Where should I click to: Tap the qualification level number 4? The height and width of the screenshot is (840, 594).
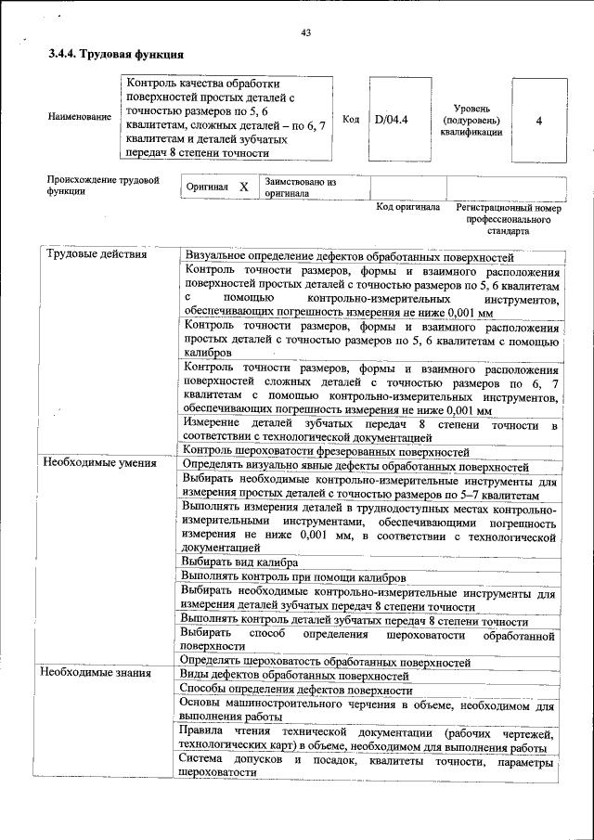click(538, 121)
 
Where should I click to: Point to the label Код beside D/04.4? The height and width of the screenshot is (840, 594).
click(351, 120)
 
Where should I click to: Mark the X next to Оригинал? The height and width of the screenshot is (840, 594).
click(244, 187)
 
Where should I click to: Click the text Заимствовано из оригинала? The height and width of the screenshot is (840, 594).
click(299, 187)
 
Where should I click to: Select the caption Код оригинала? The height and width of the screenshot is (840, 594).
click(407, 207)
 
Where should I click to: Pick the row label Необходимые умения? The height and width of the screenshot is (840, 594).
click(97, 463)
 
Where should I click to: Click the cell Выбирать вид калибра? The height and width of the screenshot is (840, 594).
click(239, 562)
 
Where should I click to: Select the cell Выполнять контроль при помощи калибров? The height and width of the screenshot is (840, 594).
click(293, 576)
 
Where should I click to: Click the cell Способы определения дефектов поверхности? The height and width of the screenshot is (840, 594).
click(295, 690)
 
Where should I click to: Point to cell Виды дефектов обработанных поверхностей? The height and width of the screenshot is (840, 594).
click(295, 675)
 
